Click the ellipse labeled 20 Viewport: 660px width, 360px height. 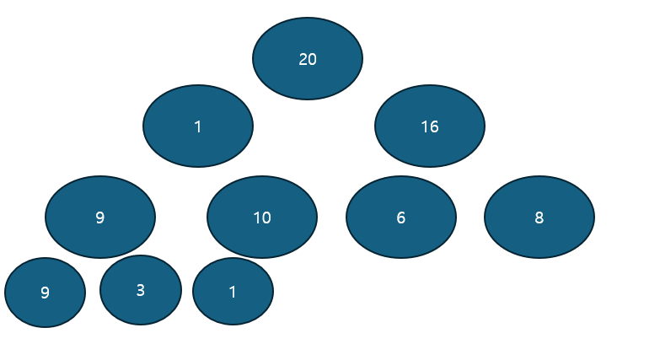[308, 58]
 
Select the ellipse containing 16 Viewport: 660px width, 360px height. [430, 126]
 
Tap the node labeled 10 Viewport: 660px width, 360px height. [262, 217]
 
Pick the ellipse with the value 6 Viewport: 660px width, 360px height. [401, 217]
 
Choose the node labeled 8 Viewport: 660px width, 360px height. [539, 217]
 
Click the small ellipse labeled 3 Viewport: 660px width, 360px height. [141, 289]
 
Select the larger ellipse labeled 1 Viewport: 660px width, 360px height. [198, 126]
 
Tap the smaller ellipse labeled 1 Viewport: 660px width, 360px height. [233, 291]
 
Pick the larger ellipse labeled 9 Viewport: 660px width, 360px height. [100, 217]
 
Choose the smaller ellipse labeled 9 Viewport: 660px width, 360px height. [46, 292]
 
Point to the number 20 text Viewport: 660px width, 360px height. [308, 59]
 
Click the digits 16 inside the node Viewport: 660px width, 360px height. [430, 126]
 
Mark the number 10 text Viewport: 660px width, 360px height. [262, 218]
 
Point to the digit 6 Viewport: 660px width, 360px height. [401, 218]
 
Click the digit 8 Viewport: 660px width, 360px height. [539, 218]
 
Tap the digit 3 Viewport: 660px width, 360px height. [141, 290]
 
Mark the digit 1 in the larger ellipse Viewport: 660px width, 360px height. [198, 126]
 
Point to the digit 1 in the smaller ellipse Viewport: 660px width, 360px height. [233, 292]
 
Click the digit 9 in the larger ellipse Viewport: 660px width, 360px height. [100, 218]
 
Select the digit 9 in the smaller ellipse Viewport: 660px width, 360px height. [46, 293]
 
